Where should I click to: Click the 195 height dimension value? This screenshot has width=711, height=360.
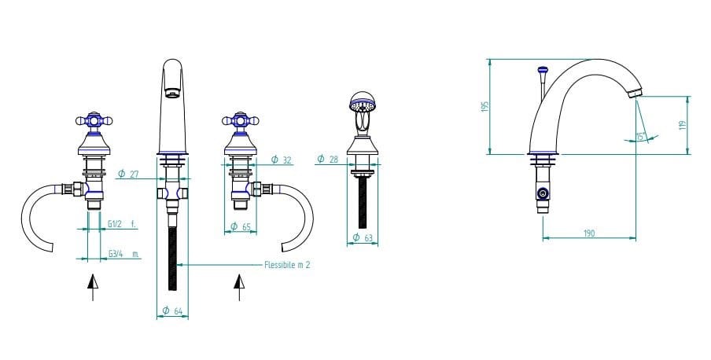click(x=485, y=107)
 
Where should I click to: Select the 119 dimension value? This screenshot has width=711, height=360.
click(x=682, y=125)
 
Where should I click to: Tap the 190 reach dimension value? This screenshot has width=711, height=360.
click(x=588, y=233)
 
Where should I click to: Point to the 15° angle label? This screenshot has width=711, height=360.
click(x=641, y=136)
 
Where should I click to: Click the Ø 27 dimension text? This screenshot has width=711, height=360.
click(x=128, y=174)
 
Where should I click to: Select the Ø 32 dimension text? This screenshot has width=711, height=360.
click(x=281, y=160)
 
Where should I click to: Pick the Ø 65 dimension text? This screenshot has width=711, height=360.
click(x=241, y=226)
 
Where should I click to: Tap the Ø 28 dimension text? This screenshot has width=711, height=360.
click(x=328, y=159)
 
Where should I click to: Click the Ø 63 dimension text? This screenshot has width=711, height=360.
click(x=363, y=237)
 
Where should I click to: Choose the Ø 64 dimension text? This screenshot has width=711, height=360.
click(x=172, y=310)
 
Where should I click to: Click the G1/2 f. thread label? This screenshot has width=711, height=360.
click(x=122, y=224)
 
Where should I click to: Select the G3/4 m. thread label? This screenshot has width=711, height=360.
click(x=123, y=254)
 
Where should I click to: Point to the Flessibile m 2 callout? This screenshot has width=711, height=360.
click(x=287, y=265)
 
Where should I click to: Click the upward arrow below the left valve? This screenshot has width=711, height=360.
click(x=93, y=287)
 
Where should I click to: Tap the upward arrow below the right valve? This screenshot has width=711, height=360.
click(x=239, y=287)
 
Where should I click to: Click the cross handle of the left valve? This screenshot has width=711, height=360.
click(x=94, y=120)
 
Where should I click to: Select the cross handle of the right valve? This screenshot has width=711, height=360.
click(x=241, y=120)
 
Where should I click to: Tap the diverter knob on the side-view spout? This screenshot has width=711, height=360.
click(x=543, y=70)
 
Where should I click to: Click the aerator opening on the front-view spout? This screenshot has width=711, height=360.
click(x=172, y=94)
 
